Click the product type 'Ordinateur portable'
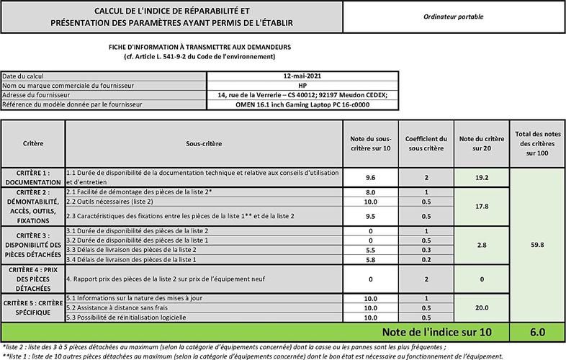coord(454,17)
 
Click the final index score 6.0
coord(536,332)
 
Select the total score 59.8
coord(536,244)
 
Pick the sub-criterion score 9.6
coord(372,177)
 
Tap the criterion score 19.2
coord(482,177)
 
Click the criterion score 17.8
coord(482,206)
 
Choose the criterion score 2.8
coord(482,245)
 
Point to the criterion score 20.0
coord(482,307)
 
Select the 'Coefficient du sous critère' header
coord(426,143)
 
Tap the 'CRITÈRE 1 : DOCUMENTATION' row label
coord(33,177)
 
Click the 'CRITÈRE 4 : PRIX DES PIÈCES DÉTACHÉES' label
coord(33,278)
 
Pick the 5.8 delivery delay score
coord(372,258)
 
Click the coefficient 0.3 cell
coord(426,249)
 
